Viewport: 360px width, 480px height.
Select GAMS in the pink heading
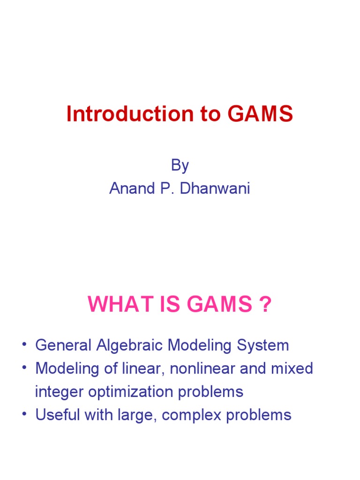224,307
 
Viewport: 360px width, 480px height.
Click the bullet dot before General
24,346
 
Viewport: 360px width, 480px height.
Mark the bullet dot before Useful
24,415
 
